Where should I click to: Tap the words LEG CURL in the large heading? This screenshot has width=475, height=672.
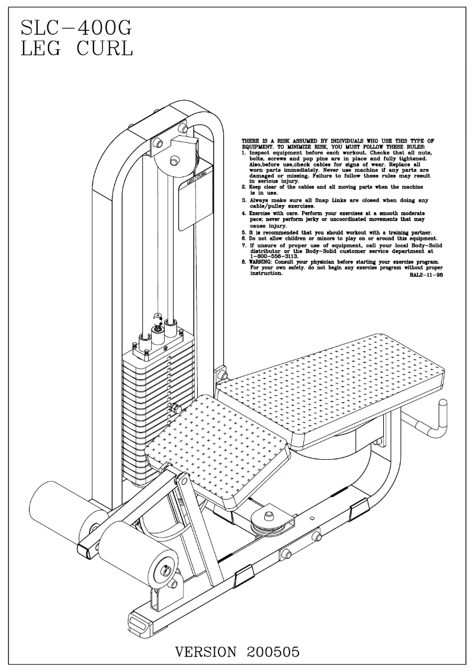pyautogui.click(x=76, y=49)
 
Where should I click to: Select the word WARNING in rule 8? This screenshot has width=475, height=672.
pyautogui.click(x=262, y=261)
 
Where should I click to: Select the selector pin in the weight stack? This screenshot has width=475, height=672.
pyautogui.click(x=175, y=407)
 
